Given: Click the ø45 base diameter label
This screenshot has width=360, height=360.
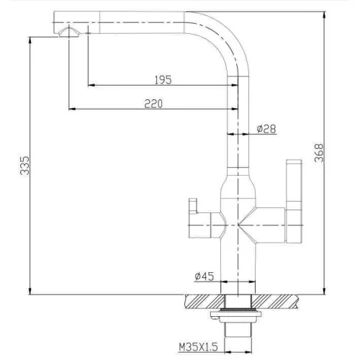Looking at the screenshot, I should click(203, 276).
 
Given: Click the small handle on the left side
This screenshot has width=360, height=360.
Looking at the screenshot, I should click(193, 210).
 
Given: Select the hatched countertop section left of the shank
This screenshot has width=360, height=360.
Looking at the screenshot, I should click(205, 300).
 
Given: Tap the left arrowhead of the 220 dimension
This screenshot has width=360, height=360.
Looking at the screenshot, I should click(71, 109).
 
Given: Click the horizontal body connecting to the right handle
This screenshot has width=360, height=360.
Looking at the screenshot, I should click(270, 220).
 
